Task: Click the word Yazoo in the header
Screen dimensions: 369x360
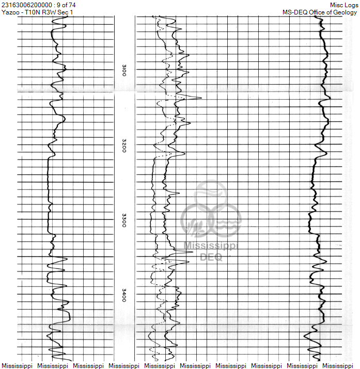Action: [10, 12]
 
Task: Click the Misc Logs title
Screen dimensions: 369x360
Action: [343, 5]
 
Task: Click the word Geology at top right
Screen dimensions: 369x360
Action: [345, 12]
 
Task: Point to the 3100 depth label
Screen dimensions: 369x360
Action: [123, 71]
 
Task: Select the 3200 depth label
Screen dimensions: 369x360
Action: [123, 147]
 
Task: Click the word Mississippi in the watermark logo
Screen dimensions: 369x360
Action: [211, 247]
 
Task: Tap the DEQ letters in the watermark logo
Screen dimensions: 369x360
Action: [211, 256]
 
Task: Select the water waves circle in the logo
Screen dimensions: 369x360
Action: [226, 221]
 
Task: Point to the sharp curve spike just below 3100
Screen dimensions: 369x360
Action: [199, 98]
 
